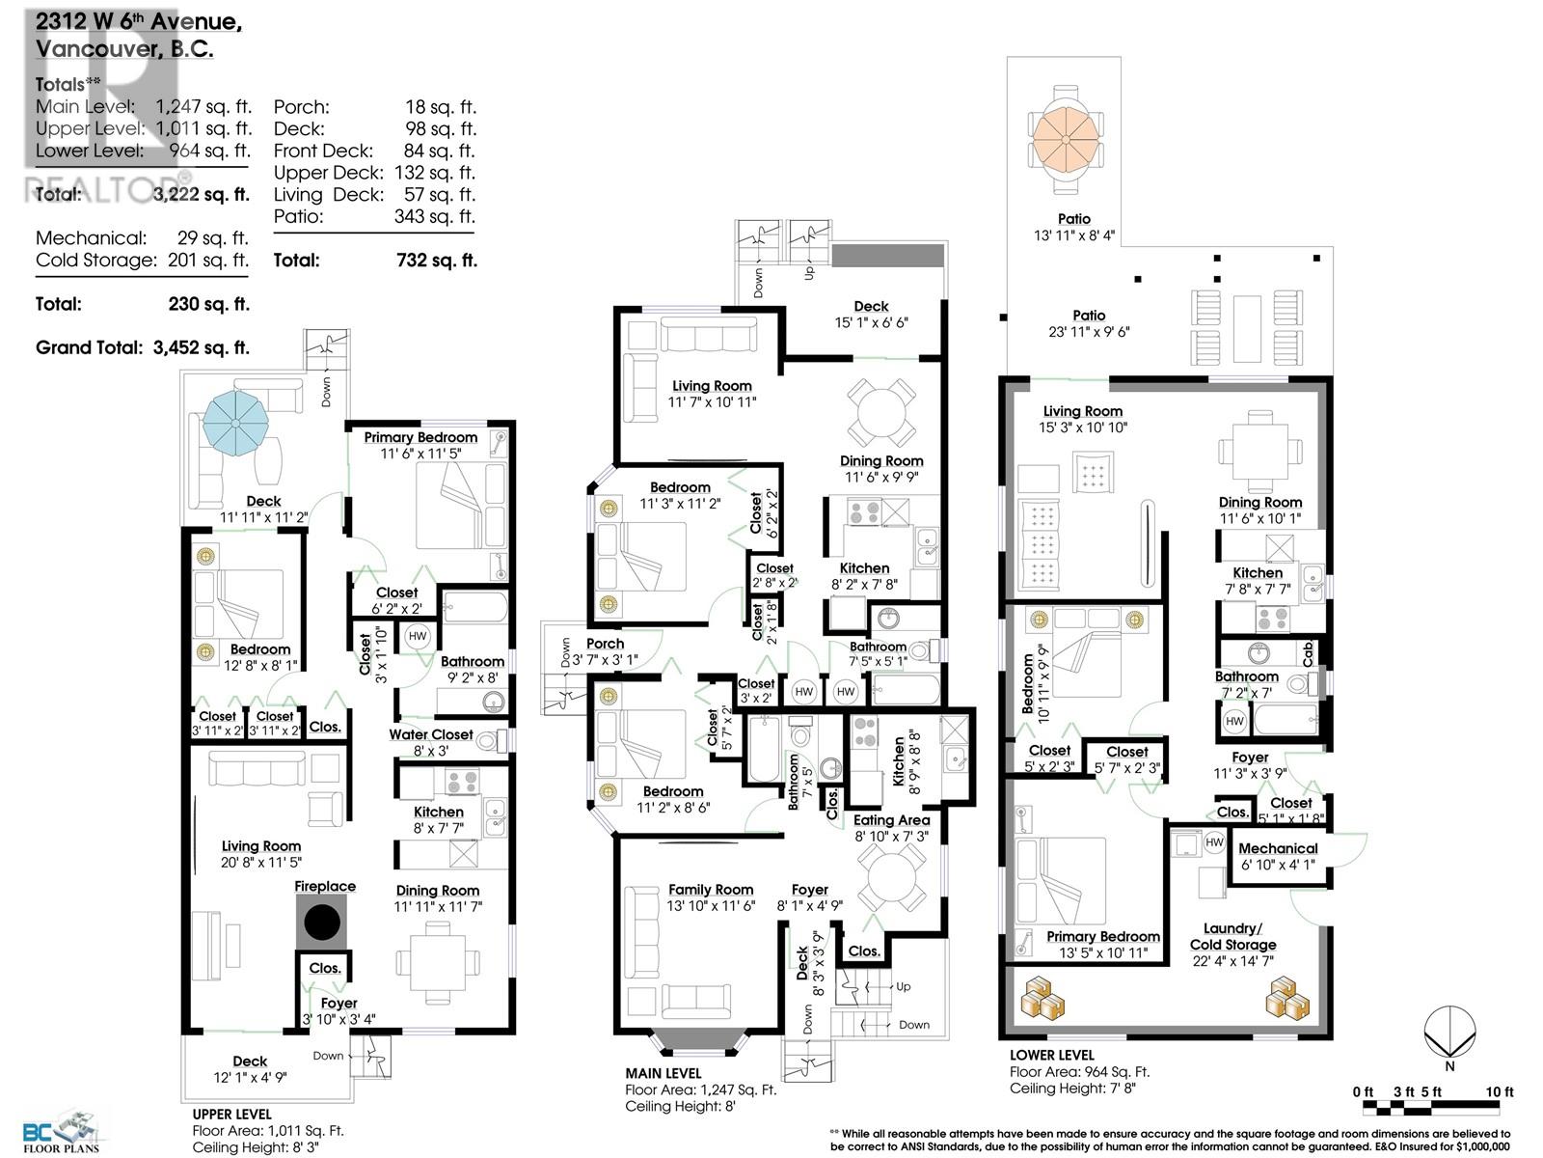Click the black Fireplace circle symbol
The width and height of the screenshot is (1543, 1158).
(324, 923)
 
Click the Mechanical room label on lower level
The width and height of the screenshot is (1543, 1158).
(1278, 848)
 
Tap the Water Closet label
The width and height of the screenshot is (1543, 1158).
(431, 734)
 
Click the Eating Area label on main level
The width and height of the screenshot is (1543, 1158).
(892, 820)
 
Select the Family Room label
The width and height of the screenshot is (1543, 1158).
(711, 890)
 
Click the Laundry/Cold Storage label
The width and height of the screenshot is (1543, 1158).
(1232, 936)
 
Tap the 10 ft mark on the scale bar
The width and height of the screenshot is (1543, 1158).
(1500, 1091)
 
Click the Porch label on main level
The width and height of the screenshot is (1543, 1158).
(605, 644)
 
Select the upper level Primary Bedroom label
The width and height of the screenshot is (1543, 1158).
(420, 437)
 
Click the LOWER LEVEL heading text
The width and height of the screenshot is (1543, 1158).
(1052, 1055)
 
